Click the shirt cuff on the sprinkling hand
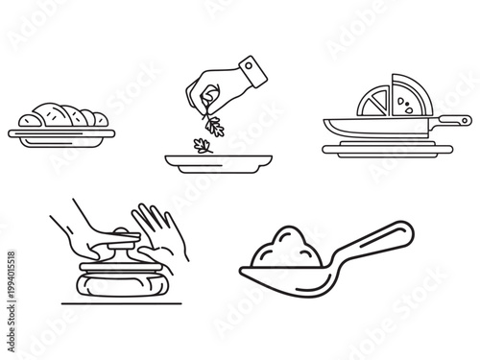pos(251,70)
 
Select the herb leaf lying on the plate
pos(203,146)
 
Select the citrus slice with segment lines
pos(373,99)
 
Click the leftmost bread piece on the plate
pos(35,118)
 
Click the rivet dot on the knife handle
pos(464,121)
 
